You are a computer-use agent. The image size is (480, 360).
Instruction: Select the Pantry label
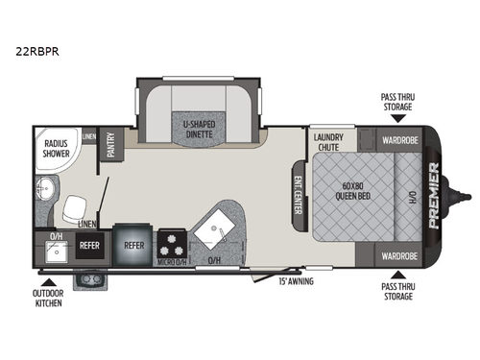tap(111, 145)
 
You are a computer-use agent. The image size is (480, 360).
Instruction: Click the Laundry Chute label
tap(328, 142)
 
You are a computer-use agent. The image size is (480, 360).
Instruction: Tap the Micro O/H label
tap(173, 261)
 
